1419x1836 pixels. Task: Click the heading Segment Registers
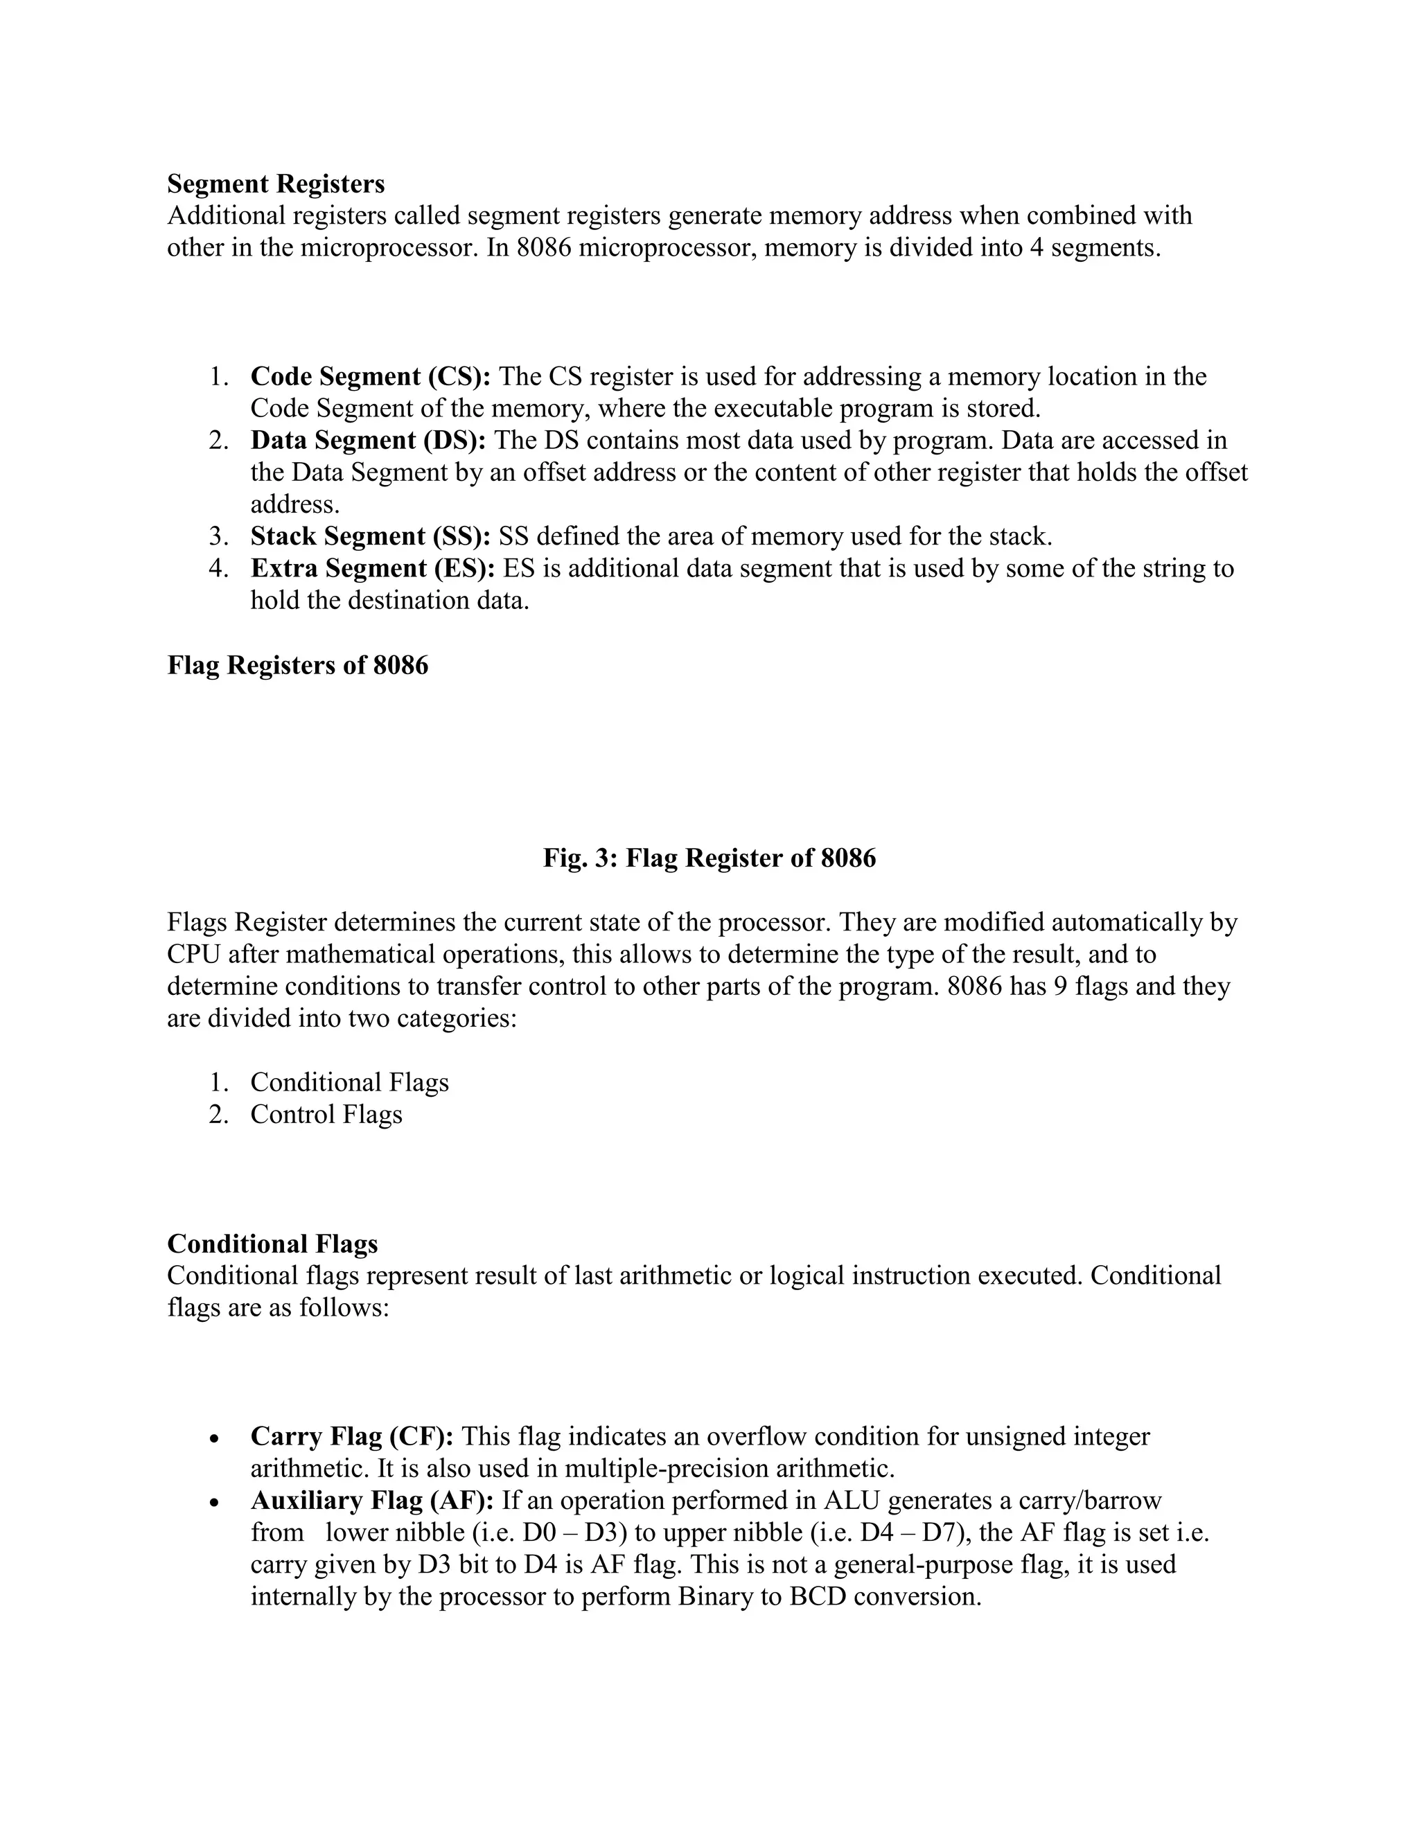pos(276,184)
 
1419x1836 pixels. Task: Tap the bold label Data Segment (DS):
pos(367,441)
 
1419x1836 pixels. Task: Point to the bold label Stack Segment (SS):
pos(370,536)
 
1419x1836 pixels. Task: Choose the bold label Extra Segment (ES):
pos(372,568)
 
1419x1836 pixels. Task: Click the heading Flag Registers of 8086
pos(297,665)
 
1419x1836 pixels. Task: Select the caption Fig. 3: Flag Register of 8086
pos(709,858)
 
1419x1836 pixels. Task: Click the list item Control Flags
pos(326,1114)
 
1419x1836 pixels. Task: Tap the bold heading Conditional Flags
pos(272,1244)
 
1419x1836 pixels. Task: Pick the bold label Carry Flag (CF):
pos(351,1437)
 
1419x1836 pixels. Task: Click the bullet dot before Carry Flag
pos(215,1439)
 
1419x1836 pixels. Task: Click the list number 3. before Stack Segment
pos(218,536)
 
